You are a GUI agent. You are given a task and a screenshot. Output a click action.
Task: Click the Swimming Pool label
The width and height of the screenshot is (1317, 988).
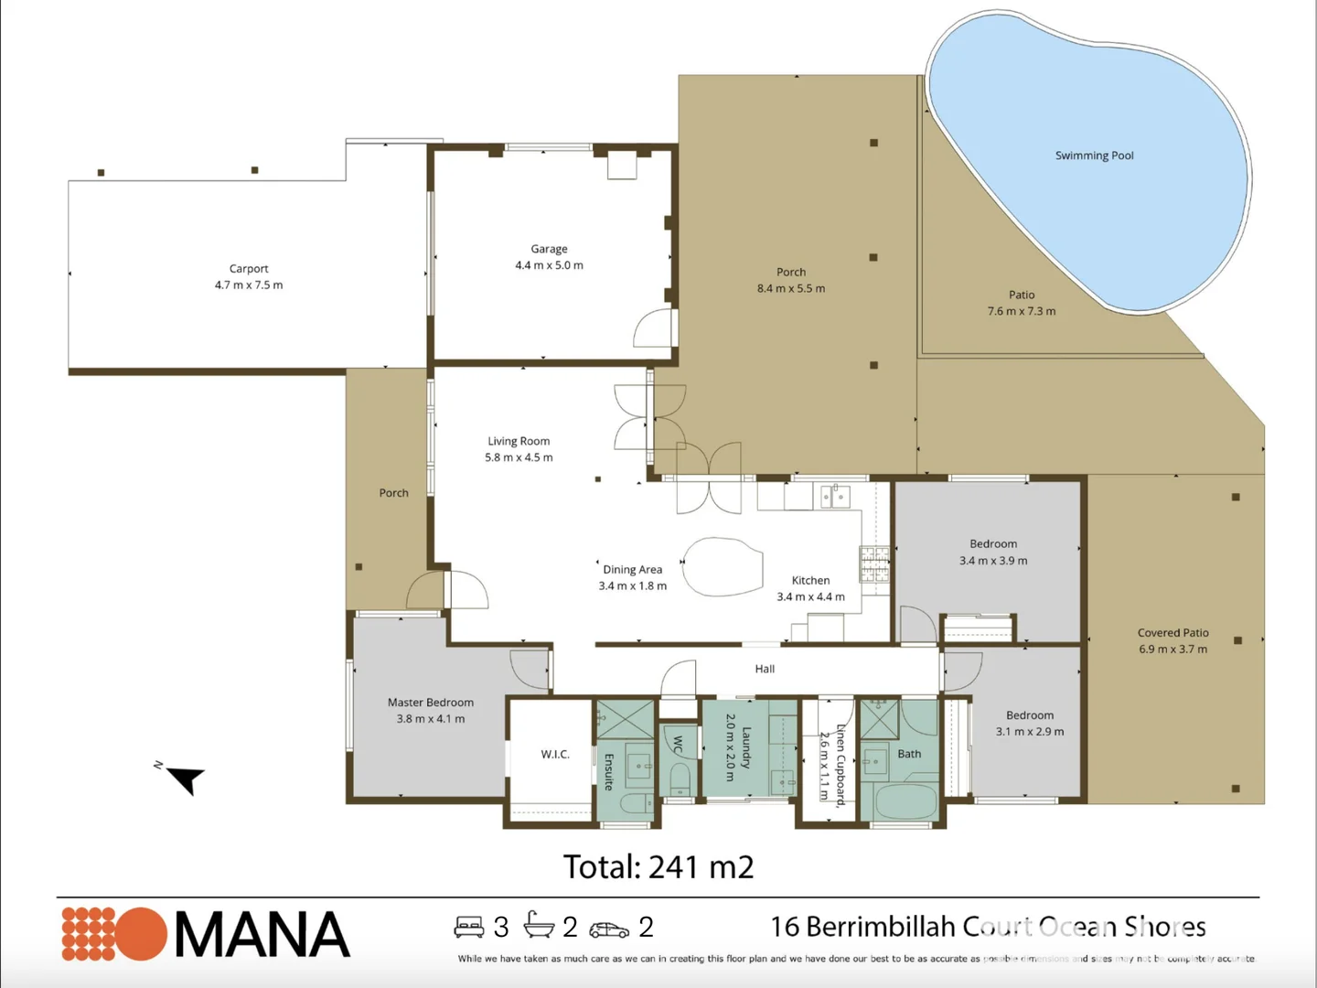tap(1094, 156)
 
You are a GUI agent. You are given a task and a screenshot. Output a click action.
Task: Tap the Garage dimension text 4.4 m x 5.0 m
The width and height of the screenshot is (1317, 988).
tap(549, 265)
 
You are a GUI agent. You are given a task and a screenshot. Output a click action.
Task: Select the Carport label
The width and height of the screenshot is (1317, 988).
tap(249, 268)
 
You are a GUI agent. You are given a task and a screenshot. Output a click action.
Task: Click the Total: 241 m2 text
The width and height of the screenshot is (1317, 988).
tap(658, 866)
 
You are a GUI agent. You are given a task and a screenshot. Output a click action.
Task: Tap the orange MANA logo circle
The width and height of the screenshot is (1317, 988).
tap(139, 934)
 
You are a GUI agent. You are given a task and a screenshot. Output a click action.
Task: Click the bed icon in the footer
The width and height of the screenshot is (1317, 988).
tap(469, 927)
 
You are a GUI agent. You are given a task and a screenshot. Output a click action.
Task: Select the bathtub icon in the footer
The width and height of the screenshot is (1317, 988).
tap(539, 926)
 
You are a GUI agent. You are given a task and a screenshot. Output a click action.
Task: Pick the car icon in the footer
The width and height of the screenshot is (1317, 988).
tap(609, 929)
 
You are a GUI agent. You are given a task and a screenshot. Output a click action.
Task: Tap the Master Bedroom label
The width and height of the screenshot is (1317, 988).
tap(431, 703)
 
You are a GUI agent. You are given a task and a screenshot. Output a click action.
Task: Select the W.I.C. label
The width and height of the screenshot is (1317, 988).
tap(555, 754)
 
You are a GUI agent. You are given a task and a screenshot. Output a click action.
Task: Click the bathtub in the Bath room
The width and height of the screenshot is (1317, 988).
tap(905, 801)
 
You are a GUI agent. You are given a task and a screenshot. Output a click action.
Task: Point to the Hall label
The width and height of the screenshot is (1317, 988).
tap(765, 669)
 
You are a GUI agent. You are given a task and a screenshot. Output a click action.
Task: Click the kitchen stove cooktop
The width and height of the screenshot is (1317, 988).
tap(873, 564)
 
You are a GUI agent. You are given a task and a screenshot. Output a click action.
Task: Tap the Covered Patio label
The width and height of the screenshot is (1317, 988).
tap(1172, 632)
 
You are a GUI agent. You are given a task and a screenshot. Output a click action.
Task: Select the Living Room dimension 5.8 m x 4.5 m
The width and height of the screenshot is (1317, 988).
tap(519, 457)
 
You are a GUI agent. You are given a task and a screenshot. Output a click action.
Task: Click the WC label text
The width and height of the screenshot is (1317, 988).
tap(678, 745)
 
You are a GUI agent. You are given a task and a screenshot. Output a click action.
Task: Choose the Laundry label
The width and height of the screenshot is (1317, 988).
tap(746, 747)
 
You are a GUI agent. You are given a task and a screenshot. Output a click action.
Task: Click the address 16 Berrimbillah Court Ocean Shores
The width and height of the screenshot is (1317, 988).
tap(988, 927)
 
